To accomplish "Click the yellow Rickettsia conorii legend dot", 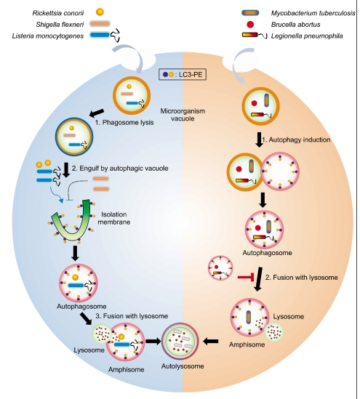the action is tap(100, 12).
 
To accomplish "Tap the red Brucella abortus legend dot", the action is tap(250, 25).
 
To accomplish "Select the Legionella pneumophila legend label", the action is tap(307, 36).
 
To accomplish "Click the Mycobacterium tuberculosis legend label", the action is tap(313, 13).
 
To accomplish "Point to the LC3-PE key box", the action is tap(183, 75).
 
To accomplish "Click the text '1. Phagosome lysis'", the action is tap(124, 122).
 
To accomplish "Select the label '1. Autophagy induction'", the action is tap(296, 140).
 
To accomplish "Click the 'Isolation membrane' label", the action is tap(113, 218).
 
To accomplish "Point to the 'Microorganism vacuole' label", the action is tap(183, 115).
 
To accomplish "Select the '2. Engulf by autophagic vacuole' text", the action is tap(120, 168).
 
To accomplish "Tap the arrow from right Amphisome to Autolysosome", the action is tap(212, 342).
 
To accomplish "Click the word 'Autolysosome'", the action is tap(183, 366).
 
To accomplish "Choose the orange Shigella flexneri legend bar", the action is tap(100, 24).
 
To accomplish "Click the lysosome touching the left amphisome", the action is tap(101, 333).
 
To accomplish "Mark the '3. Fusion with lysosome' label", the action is tap(132, 316).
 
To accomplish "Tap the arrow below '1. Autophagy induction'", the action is tap(259, 140).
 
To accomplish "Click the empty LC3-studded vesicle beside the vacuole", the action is tap(280, 172).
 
